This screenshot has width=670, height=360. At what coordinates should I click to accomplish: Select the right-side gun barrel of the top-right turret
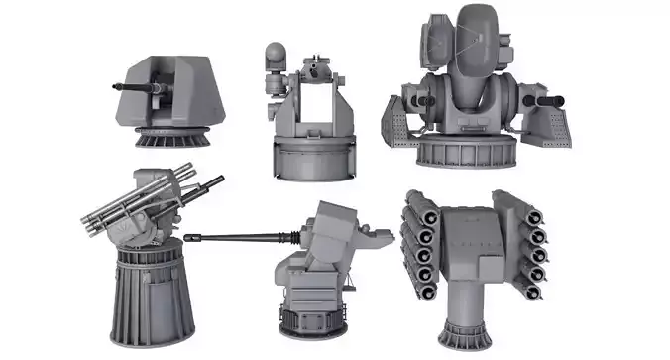pyautogui.click(x=548, y=100)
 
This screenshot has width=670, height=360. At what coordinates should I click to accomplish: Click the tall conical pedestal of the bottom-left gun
pyautogui.click(x=149, y=293)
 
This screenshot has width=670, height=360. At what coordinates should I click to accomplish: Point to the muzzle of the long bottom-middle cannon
pyautogui.click(x=188, y=238)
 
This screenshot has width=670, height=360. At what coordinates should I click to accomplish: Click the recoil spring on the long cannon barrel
pyautogui.click(x=287, y=236)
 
